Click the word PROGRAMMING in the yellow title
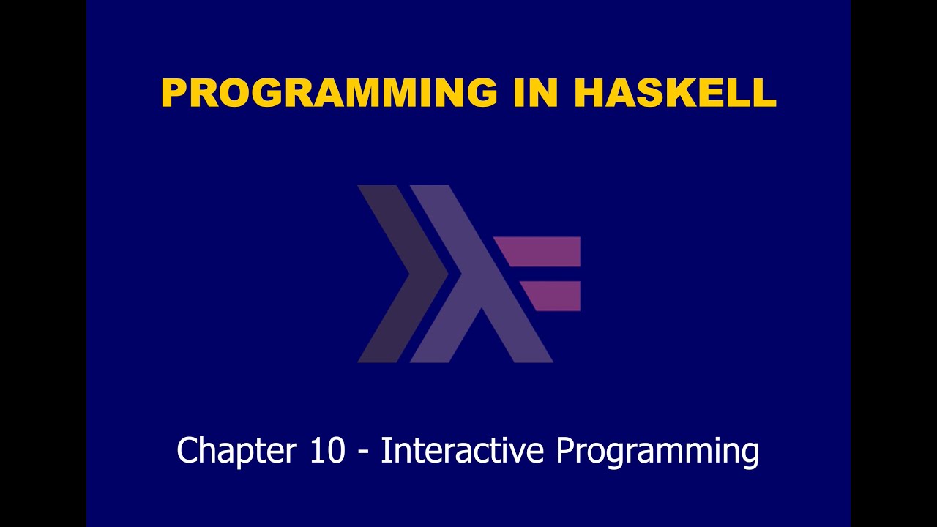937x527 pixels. click(329, 94)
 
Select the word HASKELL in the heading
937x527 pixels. click(674, 94)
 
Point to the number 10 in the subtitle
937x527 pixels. click(326, 450)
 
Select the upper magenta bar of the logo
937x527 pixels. click(542, 251)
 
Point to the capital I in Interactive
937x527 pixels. click(384, 450)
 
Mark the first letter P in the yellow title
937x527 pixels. click(173, 94)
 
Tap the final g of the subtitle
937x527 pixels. click(749, 454)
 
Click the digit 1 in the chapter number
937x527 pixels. click(317, 450)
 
